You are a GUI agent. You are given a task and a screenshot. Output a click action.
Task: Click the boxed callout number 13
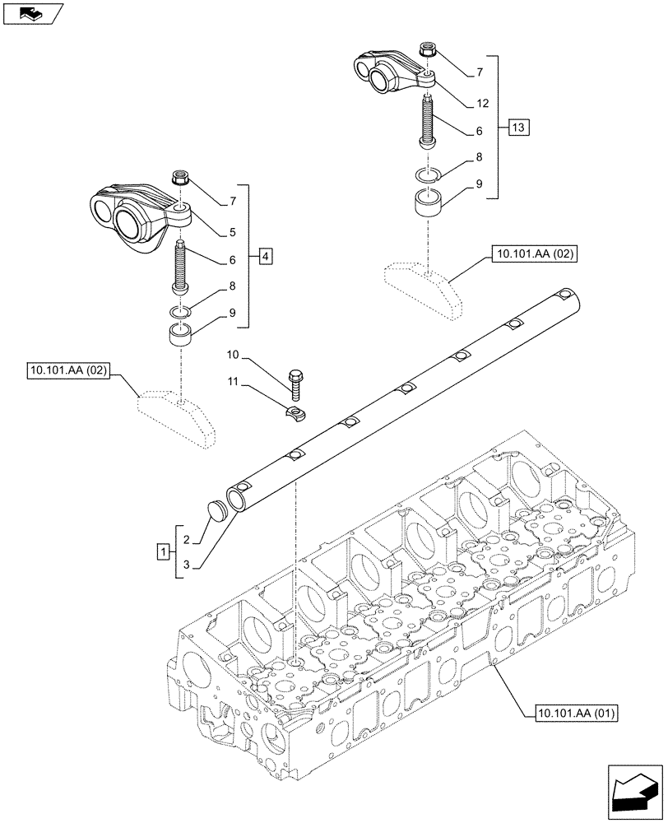[x=518, y=128]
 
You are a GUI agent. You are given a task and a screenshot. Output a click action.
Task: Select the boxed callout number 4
[x=263, y=256]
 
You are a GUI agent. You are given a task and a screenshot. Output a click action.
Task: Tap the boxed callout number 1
[x=165, y=551]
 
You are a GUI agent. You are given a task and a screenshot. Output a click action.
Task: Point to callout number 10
[x=233, y=355]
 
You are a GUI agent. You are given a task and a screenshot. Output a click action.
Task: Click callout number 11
[x=233, y=383]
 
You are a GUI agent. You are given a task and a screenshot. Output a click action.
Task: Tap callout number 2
[x=187, y=540]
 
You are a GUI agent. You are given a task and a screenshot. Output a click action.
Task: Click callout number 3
[x=187, y=564]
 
